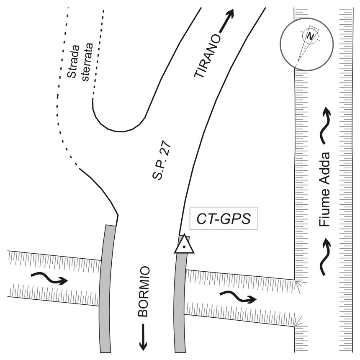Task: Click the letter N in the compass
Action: pyautogui.click(x=310, y=36)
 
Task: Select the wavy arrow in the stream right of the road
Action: pyautogui.click(x=237, y=298)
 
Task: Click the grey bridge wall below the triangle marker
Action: pyautogui.click(x=179, y=301)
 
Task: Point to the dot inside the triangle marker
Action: pyautogui.click(x=184, y=247)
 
